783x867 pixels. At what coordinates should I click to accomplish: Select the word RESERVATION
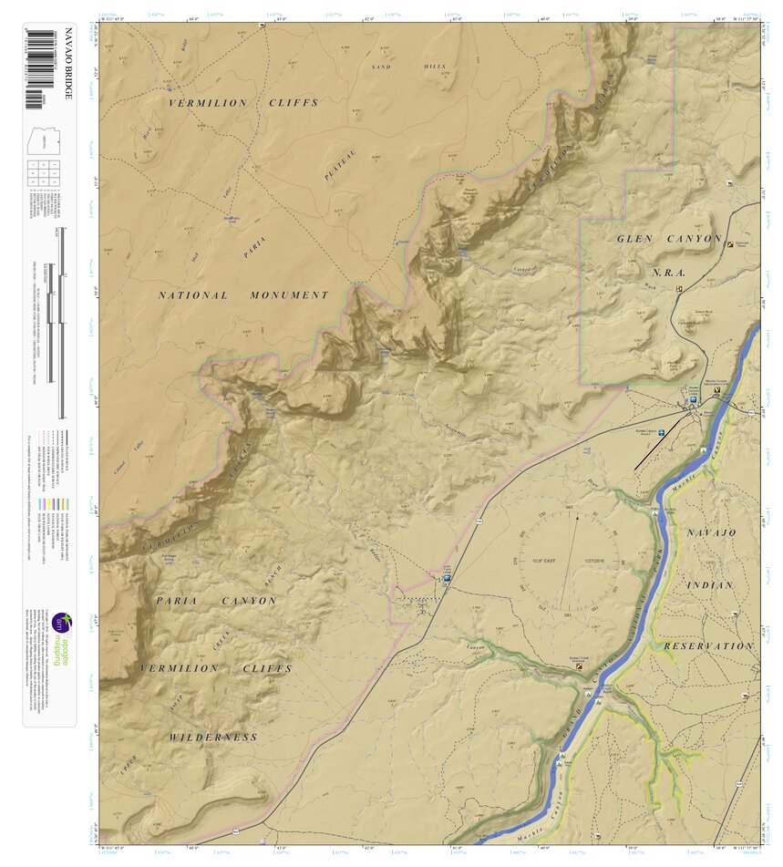708,645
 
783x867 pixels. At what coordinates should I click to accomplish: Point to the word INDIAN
709,584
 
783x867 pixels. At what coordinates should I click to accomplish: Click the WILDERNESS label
213,737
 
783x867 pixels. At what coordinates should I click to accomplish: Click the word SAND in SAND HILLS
381,67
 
